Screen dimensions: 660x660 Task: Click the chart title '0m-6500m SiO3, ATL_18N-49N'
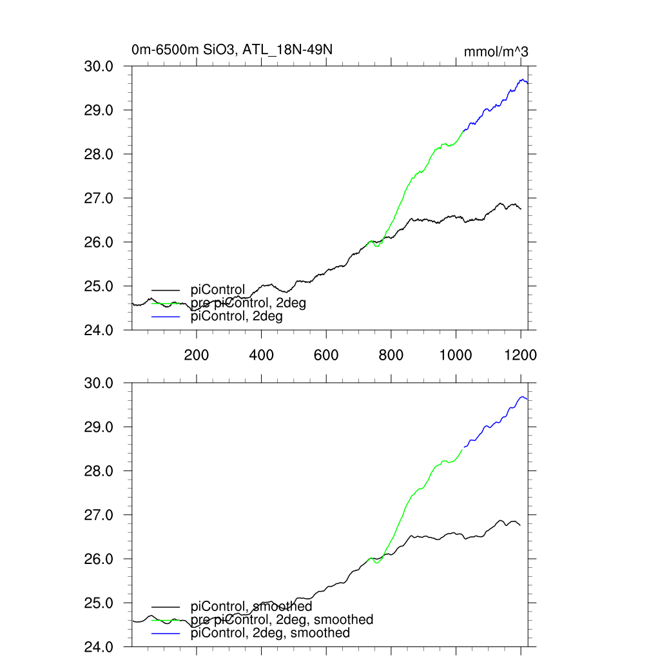[232, 50]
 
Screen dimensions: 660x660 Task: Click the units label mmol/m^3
[496, 52]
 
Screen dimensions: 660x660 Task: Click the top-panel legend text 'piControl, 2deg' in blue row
[237, 316]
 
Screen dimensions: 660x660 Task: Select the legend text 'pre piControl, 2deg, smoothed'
[282, 619]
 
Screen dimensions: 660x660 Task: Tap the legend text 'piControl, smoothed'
[251, 607]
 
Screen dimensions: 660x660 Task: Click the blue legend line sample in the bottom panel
[166, 634]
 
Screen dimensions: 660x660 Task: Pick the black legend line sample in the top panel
[166, 290]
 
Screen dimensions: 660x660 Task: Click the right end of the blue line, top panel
[528, 83]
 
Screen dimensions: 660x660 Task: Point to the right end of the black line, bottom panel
[520, 525]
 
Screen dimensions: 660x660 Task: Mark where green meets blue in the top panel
[462, 131]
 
